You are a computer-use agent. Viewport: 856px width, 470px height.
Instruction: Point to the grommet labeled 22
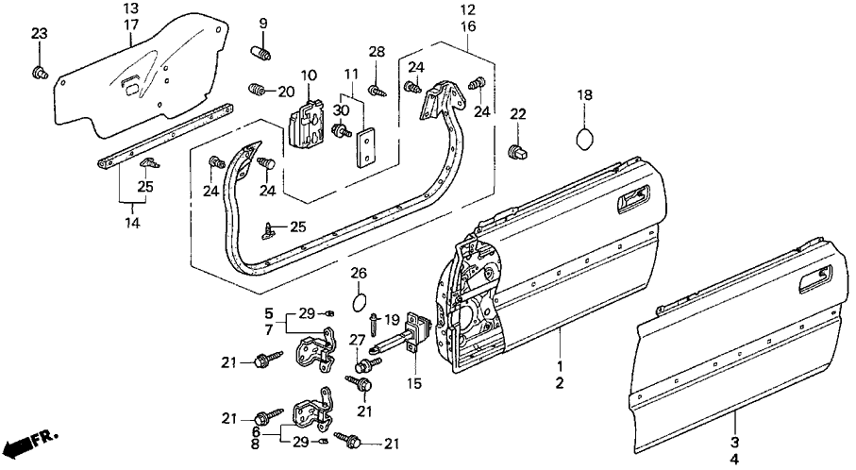click(516, 151)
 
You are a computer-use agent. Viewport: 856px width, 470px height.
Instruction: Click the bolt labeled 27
click(361, 363)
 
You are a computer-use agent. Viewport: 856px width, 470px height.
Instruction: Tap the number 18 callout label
click(584, 95)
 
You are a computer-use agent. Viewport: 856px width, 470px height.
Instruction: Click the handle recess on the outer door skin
click(813, 277)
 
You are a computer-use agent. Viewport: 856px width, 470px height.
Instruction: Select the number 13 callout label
click(129, 8)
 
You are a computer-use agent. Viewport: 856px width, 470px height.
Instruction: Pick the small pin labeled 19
click(375, 328)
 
